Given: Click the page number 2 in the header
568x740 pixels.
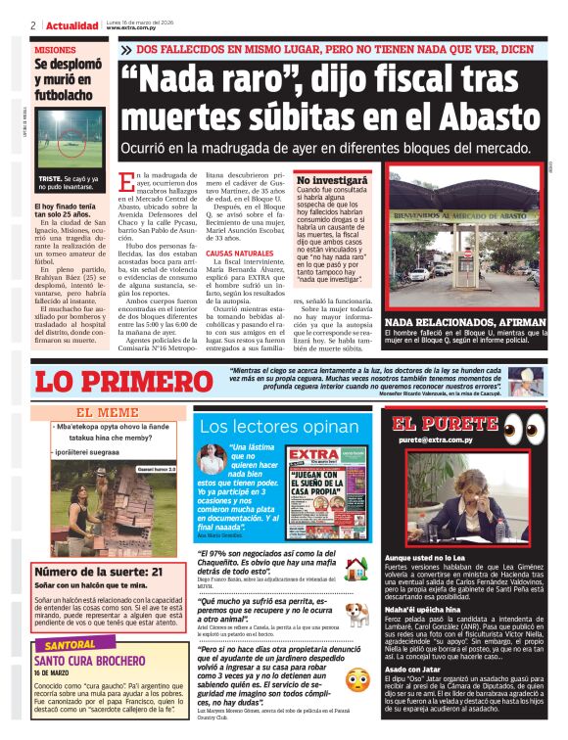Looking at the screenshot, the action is click(x=33, y=25).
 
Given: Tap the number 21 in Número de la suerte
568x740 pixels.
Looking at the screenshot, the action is click(x=157, y=572).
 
